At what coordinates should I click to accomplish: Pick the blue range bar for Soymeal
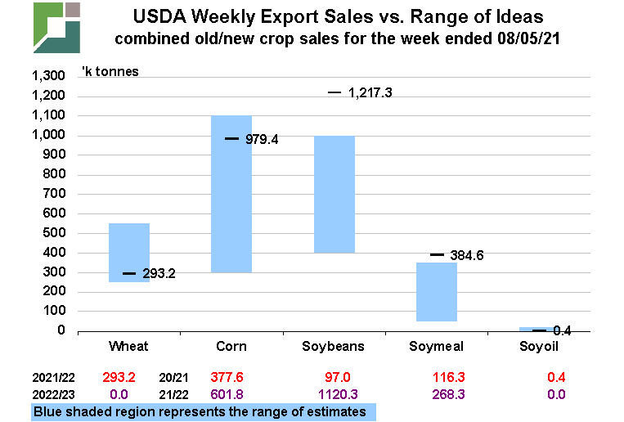437,291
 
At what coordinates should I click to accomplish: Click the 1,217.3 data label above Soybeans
370,93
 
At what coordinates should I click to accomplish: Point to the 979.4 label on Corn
263,139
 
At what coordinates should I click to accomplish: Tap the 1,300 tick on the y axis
47,76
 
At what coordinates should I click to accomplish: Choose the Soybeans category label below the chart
334,347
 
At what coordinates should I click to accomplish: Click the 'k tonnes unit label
110,71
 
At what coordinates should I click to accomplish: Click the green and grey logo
57,26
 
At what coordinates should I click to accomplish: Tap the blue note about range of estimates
202,411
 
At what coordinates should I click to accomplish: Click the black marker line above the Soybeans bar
334,93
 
